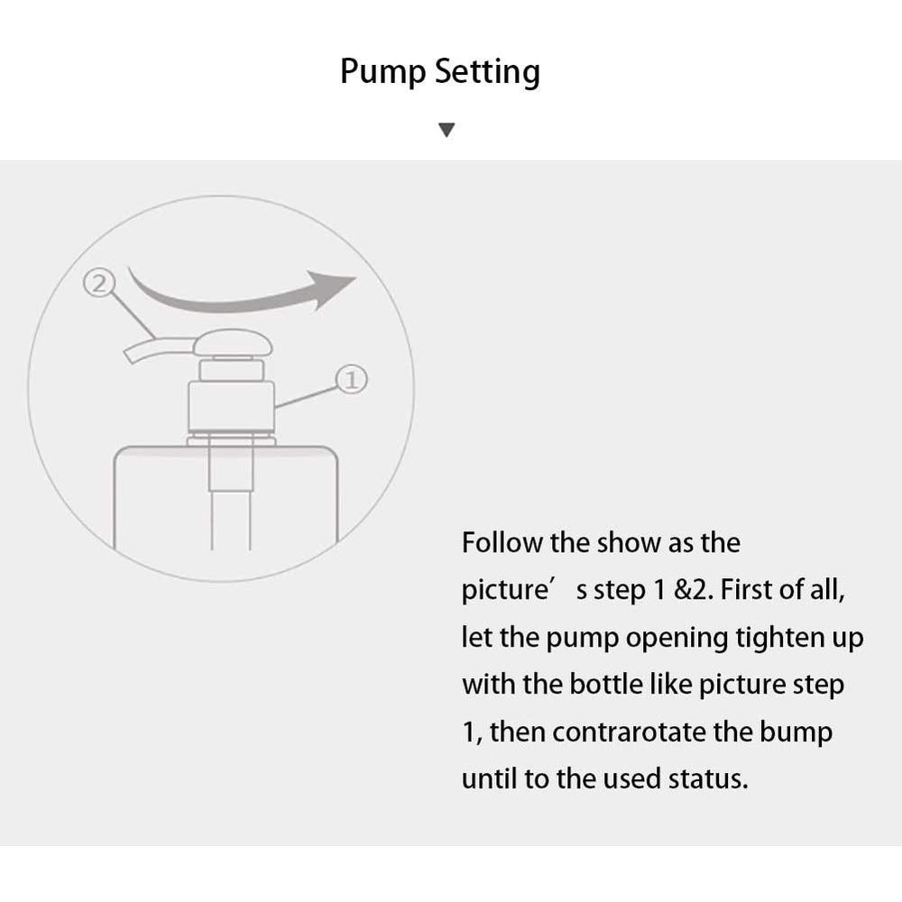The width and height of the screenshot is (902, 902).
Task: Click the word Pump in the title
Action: tap(383, 72)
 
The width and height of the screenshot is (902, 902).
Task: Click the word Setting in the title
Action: tap(487, 72)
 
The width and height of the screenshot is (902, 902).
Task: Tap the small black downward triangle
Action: tap(446, 130)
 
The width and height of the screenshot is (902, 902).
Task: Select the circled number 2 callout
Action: tap(99, 283)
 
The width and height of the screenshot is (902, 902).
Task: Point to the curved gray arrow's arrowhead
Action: tap(332, 290)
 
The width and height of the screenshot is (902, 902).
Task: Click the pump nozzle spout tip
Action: tap(129, 354)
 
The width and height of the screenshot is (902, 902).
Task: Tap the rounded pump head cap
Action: tap(233, 342)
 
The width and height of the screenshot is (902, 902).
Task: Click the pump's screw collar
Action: tap(231, 406)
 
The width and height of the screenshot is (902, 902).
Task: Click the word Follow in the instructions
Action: tap(502, 542)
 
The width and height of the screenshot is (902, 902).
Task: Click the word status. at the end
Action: tap(708, 779)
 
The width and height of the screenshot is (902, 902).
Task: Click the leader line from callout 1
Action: tap(306, 397)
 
